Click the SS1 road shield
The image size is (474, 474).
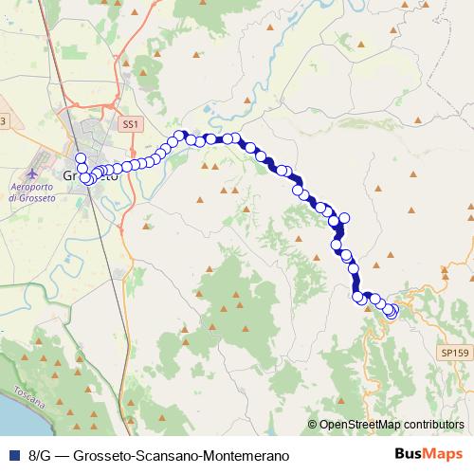pos(130,124)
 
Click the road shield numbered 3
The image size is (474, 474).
pos(3,121)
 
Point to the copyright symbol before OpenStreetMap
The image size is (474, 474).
pos(313,425)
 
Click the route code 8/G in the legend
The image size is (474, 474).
pos(40,455)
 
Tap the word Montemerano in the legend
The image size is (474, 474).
pos(226,455)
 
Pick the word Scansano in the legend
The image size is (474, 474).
pos(146,455)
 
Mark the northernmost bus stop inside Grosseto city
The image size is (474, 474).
pos(81,158)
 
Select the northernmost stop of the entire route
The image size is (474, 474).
pos(178,136)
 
